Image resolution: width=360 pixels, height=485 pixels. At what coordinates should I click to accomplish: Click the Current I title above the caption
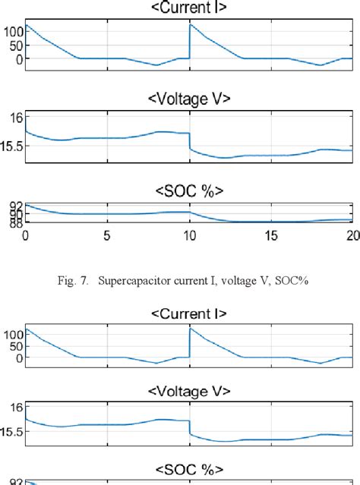tap(189, 8)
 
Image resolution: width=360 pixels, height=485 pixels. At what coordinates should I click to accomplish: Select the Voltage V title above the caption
tap(189, 99)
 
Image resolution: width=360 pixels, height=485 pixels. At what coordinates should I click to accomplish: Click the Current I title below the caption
tap(189, 313)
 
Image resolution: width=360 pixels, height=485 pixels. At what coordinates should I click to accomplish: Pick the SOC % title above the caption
tap(189, 189)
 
